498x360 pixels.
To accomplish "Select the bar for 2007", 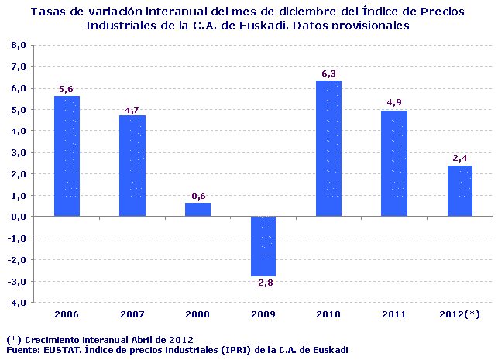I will (132, 166).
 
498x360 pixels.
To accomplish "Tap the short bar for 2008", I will (197, 209).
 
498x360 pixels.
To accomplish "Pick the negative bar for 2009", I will (263, 245).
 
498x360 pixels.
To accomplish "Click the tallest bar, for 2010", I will (328, 148).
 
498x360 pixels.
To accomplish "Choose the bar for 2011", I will (394, 163).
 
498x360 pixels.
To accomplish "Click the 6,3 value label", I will (328, 74).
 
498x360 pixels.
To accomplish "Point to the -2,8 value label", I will (263, 283).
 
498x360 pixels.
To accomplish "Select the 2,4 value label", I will (459, 158).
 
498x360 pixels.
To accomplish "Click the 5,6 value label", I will (67, 89).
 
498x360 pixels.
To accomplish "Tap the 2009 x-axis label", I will (263, 314).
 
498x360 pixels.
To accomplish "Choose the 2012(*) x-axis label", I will (459, 314).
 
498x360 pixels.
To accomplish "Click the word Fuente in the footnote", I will (22, 350).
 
